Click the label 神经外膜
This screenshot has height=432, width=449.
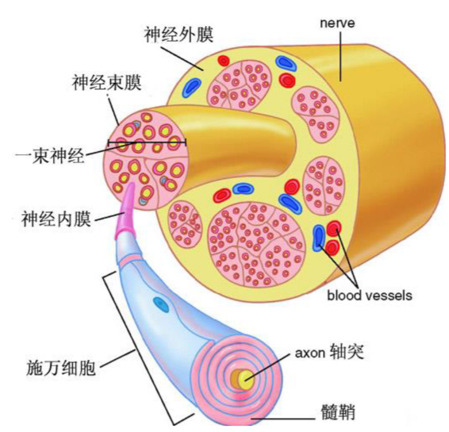pos(178,34)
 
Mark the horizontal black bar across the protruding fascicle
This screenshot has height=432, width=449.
pos(147,141)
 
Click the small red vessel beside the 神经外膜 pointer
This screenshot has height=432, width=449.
pos(223,61)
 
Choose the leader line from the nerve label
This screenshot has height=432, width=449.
pos(339,57)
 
